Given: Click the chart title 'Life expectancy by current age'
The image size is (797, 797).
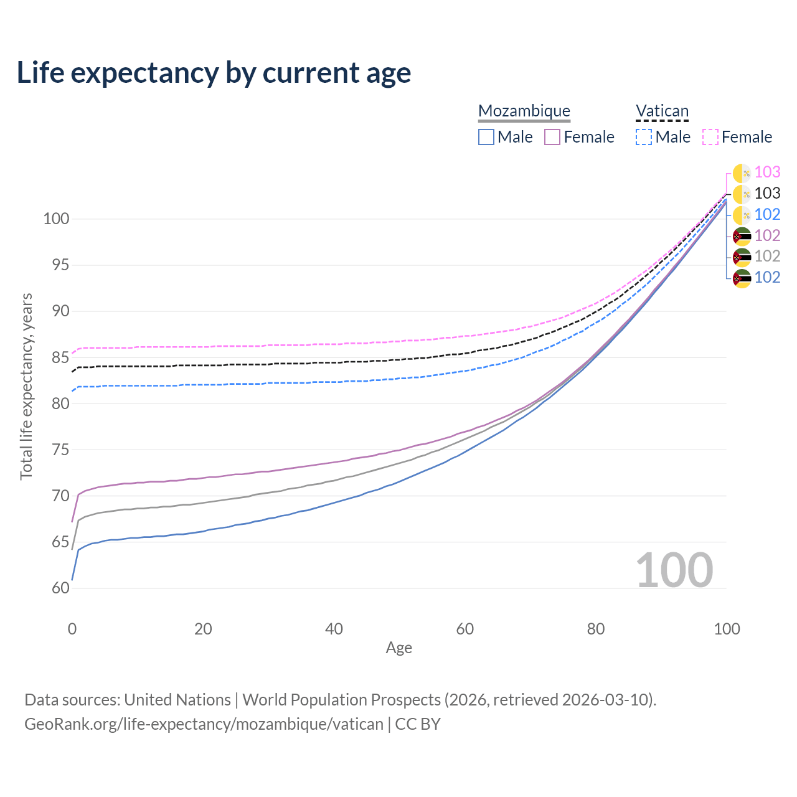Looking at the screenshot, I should [x=214, y=73].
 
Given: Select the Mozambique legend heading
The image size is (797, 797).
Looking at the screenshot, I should [x=524, y=111].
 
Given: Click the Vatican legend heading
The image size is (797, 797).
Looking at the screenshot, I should [x=662, y=111].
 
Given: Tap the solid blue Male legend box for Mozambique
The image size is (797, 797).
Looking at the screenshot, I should [x=486, y=137].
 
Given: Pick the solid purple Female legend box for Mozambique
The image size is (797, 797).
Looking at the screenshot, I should [x=552, y=137].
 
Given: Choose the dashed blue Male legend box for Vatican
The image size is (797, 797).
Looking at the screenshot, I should [x=644, y=137].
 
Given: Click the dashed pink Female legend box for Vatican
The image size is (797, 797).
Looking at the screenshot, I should [x=710, y=137].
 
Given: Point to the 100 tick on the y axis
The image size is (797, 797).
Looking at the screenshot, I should [x=55, y=219].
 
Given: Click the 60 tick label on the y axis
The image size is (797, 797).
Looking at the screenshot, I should [x=60, y=588].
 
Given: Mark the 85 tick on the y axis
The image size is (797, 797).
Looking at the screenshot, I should [x=60, y=358].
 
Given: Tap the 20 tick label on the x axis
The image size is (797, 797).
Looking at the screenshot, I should [x=203, y=629].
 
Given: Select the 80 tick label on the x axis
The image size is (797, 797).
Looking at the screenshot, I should [x=596, y=629].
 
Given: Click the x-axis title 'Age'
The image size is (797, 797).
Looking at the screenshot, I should [x=398, y=648].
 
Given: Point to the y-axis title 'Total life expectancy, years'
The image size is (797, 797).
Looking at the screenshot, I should [x=26, y=387].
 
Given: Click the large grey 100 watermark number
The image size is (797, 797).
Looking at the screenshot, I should [x=674, y=570].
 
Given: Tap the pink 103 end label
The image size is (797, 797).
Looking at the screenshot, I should [x=767, y=172].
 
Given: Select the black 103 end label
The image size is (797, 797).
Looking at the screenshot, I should [x=767, y=194].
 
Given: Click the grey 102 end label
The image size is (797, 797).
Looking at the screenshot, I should [x=767, y=257].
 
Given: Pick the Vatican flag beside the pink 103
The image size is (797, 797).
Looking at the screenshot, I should [x=742, y=173].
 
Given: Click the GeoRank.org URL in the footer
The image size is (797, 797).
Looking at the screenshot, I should [x=204, y=724].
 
